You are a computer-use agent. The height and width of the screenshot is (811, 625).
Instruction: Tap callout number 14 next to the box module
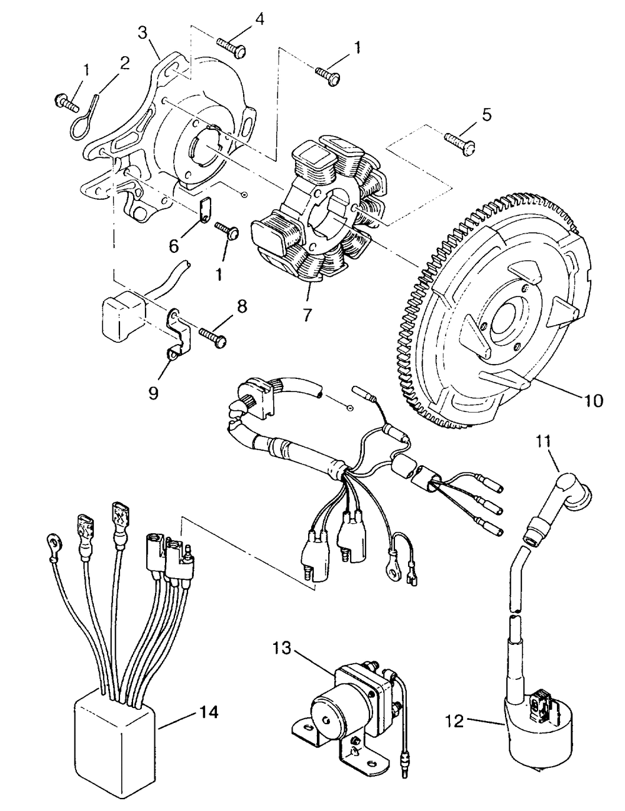pos(209,712)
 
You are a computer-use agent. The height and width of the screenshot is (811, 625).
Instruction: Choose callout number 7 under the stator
pos(307,316)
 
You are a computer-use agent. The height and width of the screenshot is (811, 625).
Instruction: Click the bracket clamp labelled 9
pos(174,337)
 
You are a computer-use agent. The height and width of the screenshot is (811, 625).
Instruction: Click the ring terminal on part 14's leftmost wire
pos(55,545)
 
